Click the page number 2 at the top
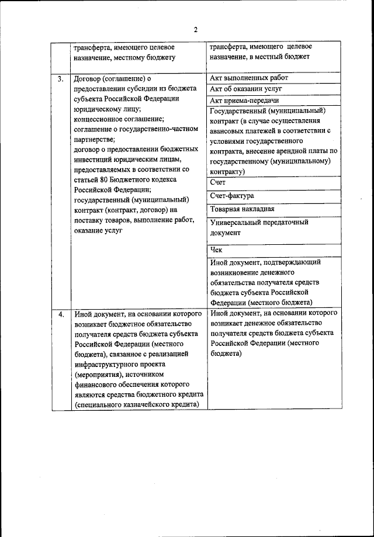pyautogui.click(x=196, y=30)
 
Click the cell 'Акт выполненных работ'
pyautogui.click(x=248, y=78)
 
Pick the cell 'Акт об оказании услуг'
pyautogui.click(x=245, y=89)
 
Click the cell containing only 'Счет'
pyautogui.click(x=217, y=183)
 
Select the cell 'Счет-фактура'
pyautogui.click(x=232, y=196)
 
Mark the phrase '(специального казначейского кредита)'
pyautogui.click(x=137, y=405)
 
